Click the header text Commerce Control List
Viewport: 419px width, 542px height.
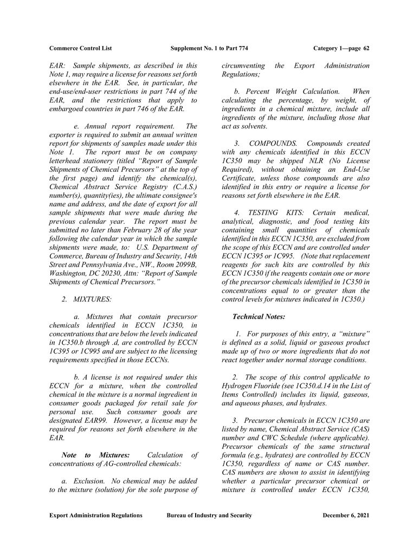pos(80,49)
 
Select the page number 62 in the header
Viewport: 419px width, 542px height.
pos(366,49)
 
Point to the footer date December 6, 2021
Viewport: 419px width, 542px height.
pos(346,515)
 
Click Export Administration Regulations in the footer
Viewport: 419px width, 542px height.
pos(96,515)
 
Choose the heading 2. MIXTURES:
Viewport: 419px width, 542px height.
pos(86,299)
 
